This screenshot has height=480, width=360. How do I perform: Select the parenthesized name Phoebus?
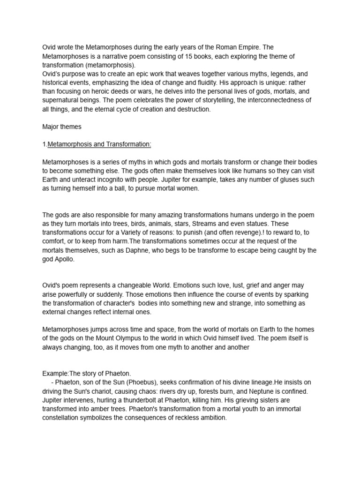point(141,382)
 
